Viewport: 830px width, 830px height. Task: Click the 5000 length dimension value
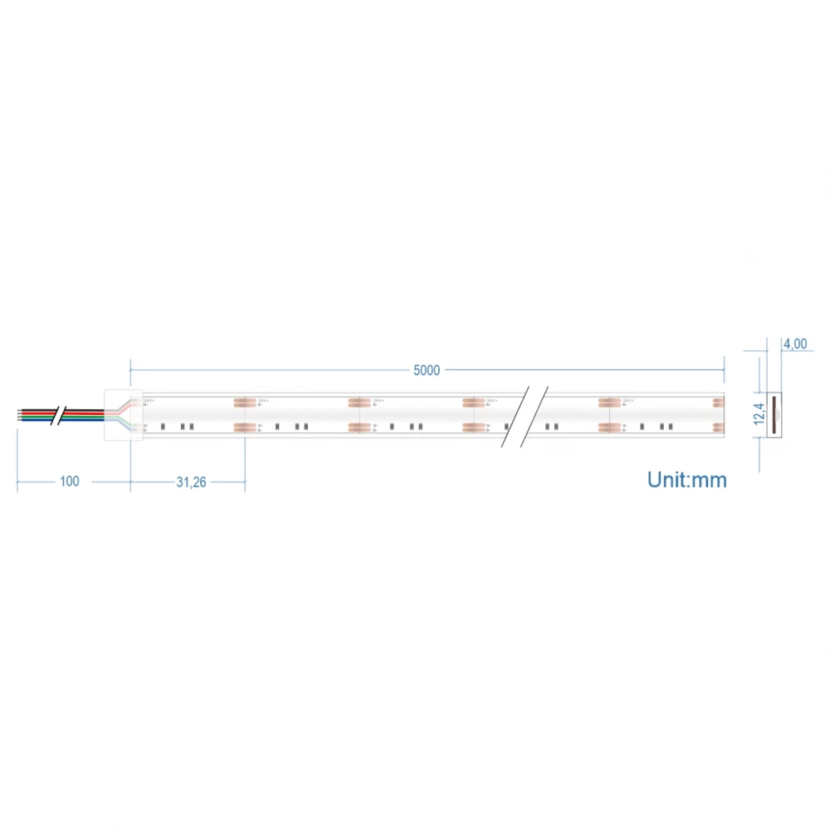[x=427, y=370]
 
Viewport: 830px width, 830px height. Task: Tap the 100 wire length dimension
[x=70, y=481]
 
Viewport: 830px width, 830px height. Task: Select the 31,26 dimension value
[x=192, y=482]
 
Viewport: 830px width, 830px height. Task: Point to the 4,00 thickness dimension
[x=794, y=344]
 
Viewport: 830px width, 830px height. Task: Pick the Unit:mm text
[x=686, y=480]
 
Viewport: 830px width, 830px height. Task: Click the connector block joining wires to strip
[x=116, y=414]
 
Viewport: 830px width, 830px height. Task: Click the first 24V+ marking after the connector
[x=149, y=401]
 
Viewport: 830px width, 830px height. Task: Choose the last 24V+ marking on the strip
[x=628, y=401]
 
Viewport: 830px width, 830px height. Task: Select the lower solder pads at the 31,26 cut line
[x=244, y=427]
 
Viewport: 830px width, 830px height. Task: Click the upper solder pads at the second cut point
[x=359, y=403]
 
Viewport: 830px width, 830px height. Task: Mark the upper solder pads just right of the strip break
[x=610, y=403]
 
